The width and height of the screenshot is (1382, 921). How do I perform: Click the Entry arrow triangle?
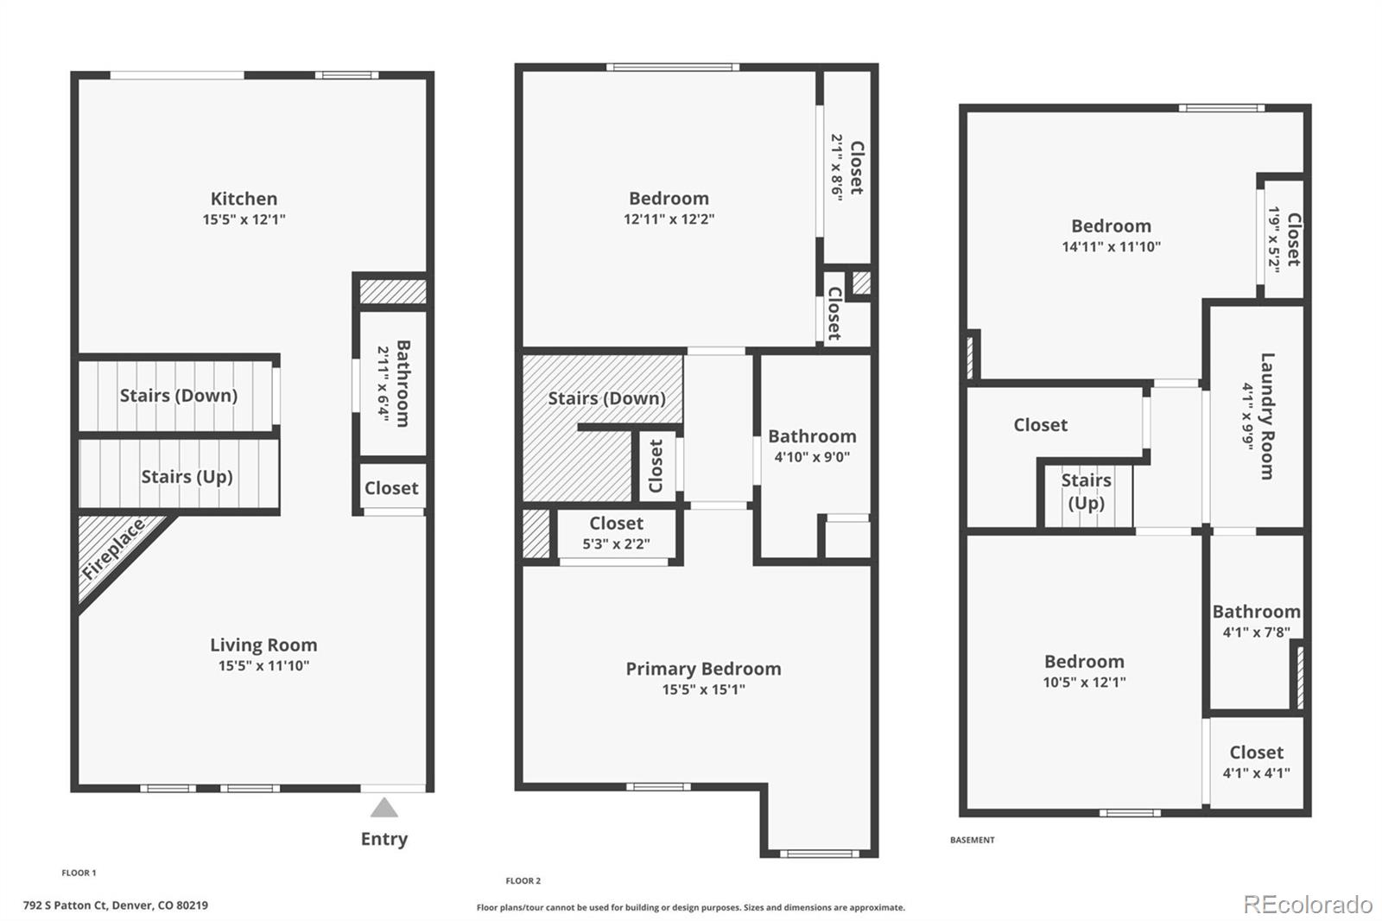click(384, 809)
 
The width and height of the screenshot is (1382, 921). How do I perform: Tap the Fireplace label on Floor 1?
click(113, 550)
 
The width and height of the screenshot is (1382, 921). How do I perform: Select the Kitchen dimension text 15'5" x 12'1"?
click(244, 219)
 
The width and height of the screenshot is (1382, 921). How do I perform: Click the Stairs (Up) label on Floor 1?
click(187, 477)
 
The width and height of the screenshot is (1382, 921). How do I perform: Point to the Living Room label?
click(263, 645)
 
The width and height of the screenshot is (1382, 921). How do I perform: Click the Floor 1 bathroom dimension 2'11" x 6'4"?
click(382, 384)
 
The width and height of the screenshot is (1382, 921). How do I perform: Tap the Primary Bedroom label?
click(703, 669)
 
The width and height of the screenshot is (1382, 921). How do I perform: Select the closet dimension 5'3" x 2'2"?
click(616, 544)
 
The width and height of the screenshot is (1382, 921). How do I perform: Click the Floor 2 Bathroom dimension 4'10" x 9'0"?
click(812, 457)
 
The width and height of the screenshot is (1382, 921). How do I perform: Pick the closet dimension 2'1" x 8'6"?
click(837, 168)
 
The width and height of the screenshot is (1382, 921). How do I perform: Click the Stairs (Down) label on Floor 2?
click(606, 398)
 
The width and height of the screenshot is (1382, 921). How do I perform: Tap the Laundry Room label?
click(1267, 416)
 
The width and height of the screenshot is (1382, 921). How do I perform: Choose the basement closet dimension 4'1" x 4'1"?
click(1256, 773)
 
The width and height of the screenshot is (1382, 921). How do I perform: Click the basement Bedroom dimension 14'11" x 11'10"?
click(1111, 247)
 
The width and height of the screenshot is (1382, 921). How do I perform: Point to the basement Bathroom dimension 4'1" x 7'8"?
click(1256, 632)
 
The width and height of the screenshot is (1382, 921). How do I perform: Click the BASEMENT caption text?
click(972, 840)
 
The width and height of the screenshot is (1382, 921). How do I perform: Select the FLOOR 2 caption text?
click(523, 881)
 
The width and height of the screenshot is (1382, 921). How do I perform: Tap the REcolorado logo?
click(1308, 905)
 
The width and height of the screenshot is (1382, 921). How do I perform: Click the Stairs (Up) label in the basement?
click(1086, 492)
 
